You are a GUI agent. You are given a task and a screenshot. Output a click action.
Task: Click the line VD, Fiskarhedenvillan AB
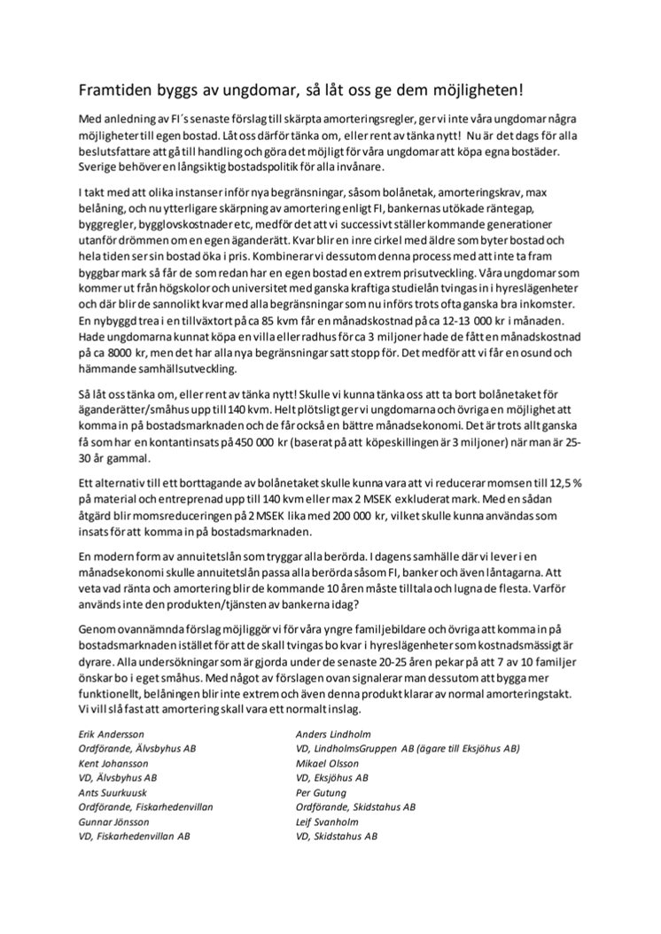click(135, 836)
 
